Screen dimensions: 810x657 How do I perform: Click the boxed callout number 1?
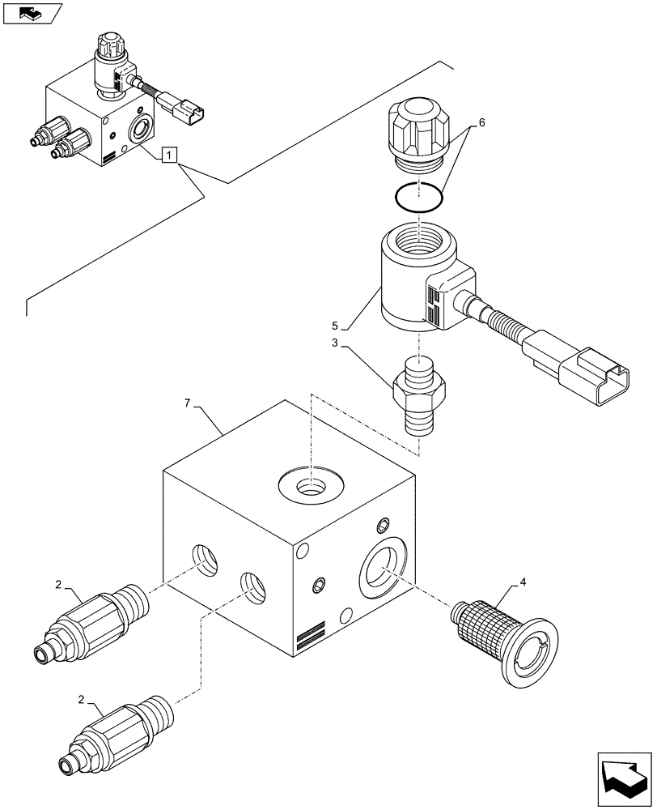click(167, 153)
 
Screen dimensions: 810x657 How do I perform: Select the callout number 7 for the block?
click(189, 403)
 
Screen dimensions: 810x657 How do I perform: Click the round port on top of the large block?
click(310, 487)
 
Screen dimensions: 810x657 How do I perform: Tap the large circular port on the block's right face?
click(384, 570)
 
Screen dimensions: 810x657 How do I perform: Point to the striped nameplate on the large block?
click(311, 637)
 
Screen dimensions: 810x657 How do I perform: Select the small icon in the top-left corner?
click(32, 13)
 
